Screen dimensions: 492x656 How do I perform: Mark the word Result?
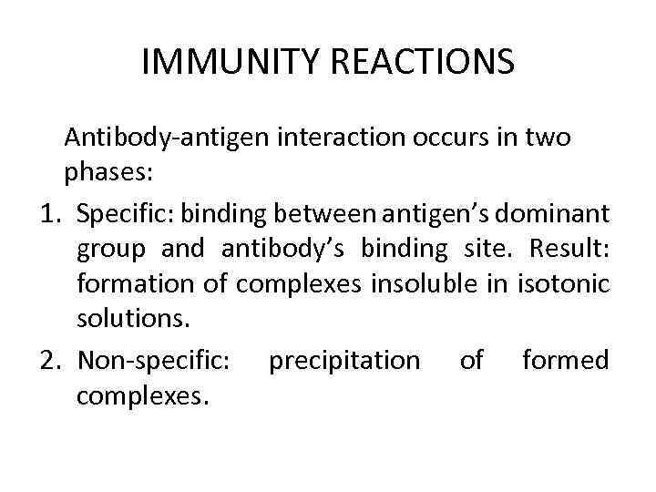coord(568,249)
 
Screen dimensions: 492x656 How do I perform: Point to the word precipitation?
coord(344,361)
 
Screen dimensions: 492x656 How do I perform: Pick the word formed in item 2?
coord(565,361)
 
